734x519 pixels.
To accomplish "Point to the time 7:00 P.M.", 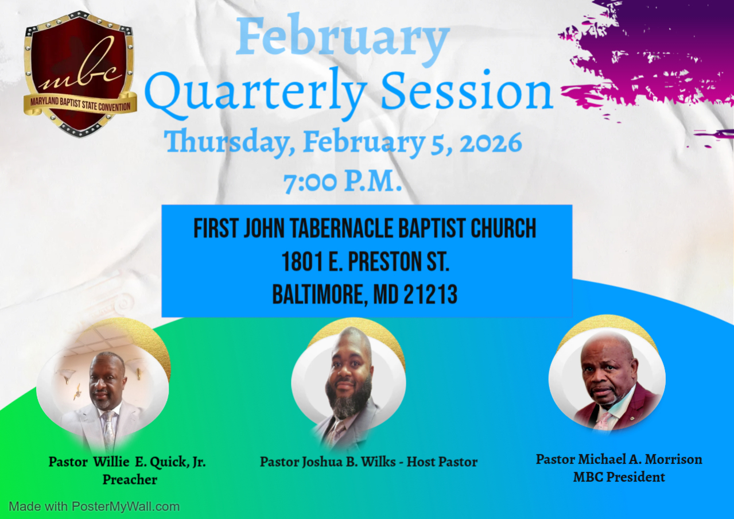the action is coord(343,182).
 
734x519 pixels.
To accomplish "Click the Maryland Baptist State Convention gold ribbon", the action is coord(80,104).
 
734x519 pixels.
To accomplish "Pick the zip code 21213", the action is coord(430,294).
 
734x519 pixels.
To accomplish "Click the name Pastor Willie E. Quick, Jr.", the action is coord(127,462).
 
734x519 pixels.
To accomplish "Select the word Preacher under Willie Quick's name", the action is coord(130,479).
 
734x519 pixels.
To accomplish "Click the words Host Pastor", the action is coord(442,462).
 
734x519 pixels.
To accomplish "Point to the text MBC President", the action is coord(619,477).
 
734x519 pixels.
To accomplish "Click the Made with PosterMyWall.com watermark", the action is coord(94,506).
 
